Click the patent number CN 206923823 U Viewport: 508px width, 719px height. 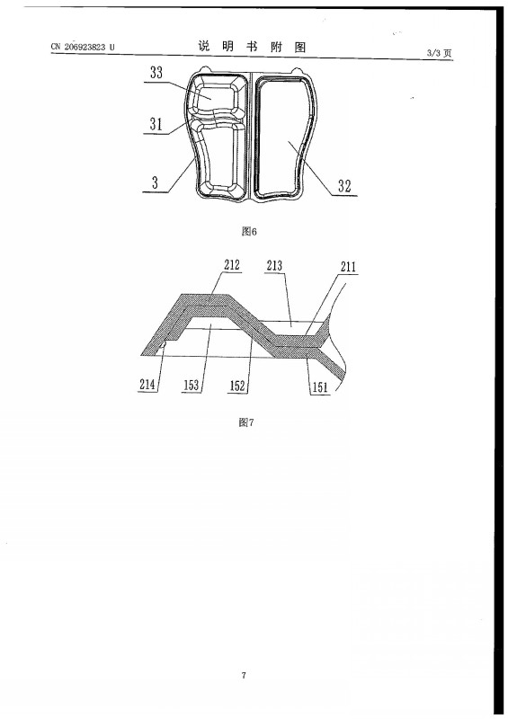(x=83, y=47)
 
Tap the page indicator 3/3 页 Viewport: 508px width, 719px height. (x=439, y=53)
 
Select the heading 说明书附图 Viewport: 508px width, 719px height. (x=252, y=47)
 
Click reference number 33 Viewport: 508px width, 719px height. (x=156, y=73)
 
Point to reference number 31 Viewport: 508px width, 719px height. (x=156, y=124)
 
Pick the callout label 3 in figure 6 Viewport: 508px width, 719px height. (x=155, y=182)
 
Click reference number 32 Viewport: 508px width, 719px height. (x=344, y=186)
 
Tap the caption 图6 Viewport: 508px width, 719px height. (x=249, y=231)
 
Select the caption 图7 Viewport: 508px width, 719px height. (x=246, y=422)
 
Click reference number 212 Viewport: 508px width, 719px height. (x=232, y=264)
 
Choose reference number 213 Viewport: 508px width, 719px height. (x=274, y=265)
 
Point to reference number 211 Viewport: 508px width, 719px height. (x=348, y=267)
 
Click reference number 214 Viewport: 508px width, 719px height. (x=147, y=385)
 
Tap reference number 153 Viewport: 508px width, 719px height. (x=191, y=386)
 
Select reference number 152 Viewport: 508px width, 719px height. (x=237, y=386)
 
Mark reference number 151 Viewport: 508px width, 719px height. (x=320, y=387)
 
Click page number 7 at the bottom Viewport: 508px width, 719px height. (x=244, y=675)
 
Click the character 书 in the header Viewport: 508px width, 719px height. (x=252, y=47)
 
